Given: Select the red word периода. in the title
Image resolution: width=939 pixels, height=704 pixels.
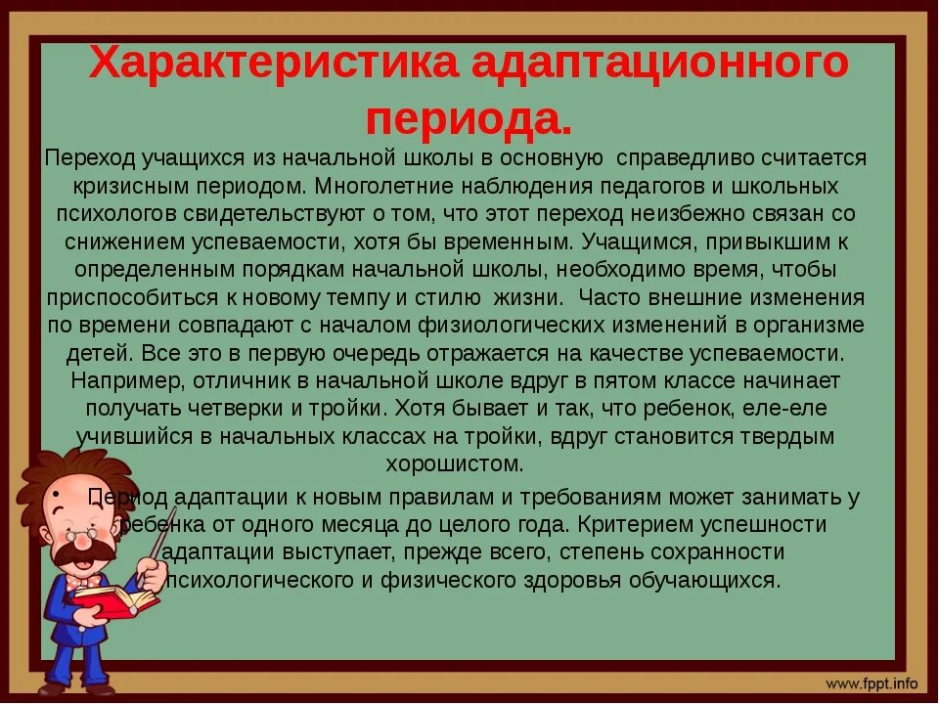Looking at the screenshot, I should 469,119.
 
